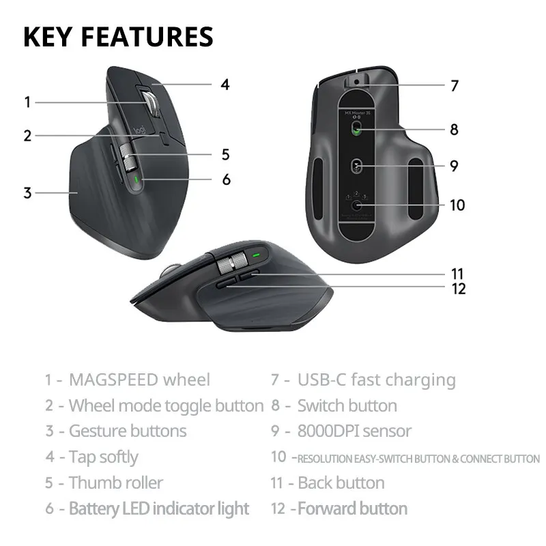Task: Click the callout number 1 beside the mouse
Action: tap(27, 102)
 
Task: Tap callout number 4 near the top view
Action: tap(225, 85)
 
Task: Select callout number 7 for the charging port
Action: tap(454, 86)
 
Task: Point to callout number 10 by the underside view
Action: tap(457, 205)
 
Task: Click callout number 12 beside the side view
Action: tap(458, 289)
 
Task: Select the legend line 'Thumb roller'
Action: tap(115, 483)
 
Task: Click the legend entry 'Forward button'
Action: tap(352, 508)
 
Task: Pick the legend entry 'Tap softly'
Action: tap(103, 457)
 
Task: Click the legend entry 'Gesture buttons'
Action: tap(127, 431)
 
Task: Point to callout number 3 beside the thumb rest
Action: tap(27, 192)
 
